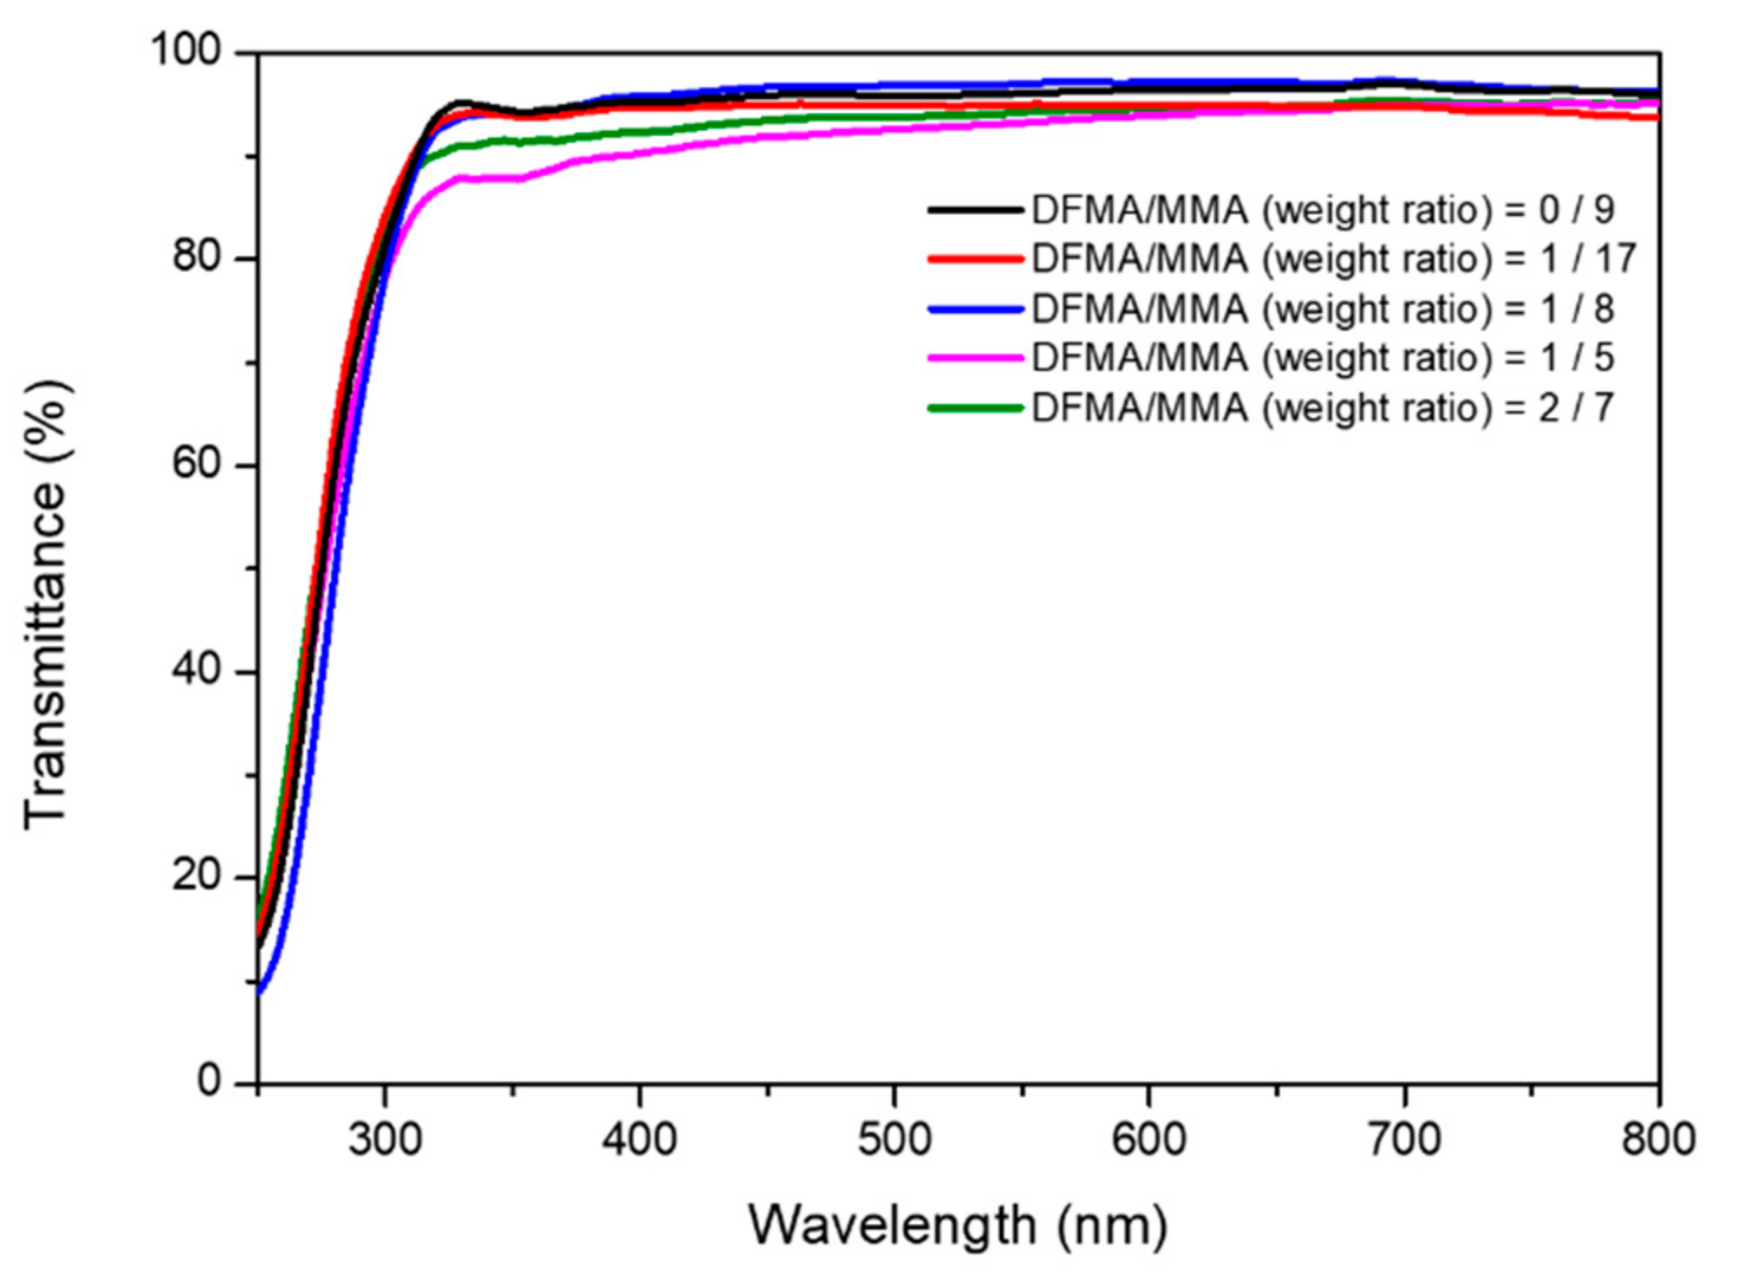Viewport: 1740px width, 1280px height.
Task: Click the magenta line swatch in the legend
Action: (x=975, y=358)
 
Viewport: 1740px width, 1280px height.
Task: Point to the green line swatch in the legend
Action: (x=975, y=408)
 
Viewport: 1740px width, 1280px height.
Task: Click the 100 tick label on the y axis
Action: (x=186, y=50)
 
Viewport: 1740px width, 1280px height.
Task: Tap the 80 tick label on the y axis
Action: (x=198, y=257)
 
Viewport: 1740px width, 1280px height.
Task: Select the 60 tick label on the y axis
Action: (x=198, y=463)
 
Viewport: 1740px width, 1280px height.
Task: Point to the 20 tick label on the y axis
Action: (x=198, y=875)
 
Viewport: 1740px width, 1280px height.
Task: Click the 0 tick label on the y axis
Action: (x=209, y=1081)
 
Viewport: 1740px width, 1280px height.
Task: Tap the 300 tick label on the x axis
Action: (x=385, y=1140)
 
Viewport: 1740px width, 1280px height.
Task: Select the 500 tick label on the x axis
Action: (x=894, y=1140)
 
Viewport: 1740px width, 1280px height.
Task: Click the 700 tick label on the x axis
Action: (x=1404, y=1140)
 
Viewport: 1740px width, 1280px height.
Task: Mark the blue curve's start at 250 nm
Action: (x=260, y=991)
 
